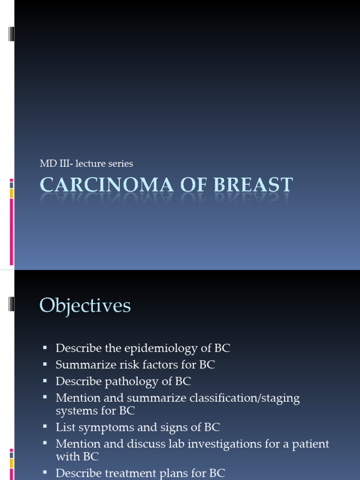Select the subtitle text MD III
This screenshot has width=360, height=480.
click(52, 164)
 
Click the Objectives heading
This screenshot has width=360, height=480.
click(85, 306)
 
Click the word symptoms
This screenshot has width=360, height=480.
click(107, 427)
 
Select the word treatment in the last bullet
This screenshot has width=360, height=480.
click(123, 473)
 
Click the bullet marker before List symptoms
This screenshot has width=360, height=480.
click(45, 427)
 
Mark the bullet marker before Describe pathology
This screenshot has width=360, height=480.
click(45, 380)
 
